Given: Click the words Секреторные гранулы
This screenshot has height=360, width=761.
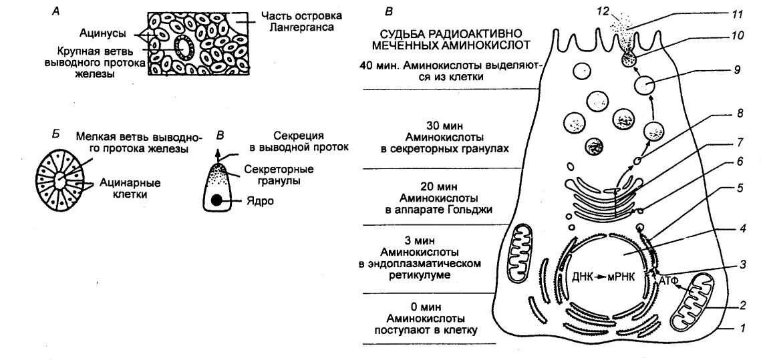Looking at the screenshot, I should pos(268,175).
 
